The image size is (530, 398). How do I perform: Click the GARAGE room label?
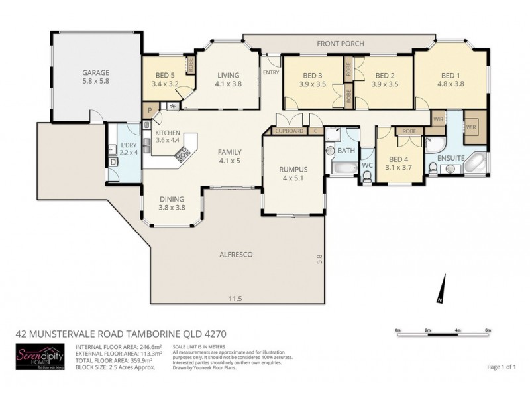(x=95, y=72)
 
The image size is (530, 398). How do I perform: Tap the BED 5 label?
(x=165, y=76)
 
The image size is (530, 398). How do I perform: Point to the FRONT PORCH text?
(x=340, y=44)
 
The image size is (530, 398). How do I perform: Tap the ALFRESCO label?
(x=237, y=254)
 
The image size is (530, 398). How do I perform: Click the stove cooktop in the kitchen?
(x=182, y=155)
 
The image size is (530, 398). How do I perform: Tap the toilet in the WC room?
(x=367, y=175)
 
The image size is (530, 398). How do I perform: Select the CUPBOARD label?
(x=290, y=131)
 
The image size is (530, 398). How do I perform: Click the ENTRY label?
(x=270, y=72)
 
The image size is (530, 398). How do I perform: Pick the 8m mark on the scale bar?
(x=488, y=330)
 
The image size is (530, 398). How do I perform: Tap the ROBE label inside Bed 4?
(x=409, y=131)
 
